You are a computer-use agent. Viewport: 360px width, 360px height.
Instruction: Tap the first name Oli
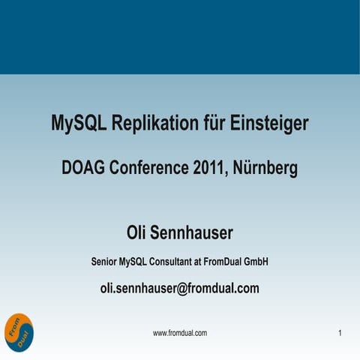(142, 233)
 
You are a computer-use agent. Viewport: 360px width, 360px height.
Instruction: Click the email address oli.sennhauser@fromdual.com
(180, 288)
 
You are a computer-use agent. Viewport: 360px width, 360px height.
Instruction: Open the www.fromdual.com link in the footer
(180, 332)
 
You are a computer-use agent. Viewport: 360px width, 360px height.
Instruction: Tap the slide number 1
(340, 332)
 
